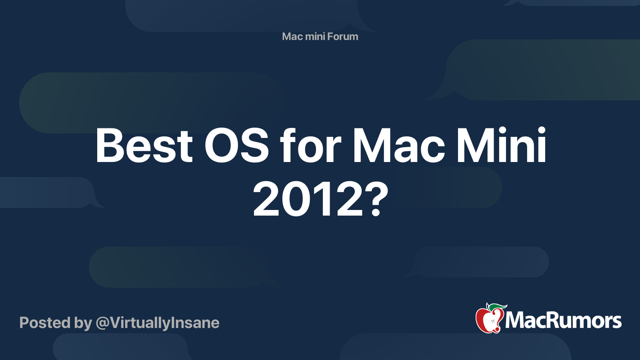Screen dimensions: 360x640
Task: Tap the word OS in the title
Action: [x=236, y=146]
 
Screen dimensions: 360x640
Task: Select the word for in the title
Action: [x=310, y=146]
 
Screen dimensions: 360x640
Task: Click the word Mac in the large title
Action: [x=398, y=146]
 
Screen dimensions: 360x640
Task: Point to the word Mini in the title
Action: [x=501, y=146]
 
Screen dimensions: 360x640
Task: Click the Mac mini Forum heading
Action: [x=320, y=36]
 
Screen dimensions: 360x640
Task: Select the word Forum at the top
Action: [x=342, y=36]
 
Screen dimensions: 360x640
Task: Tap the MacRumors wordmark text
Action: [x=563, y=321]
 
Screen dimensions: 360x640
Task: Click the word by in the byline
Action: [x=83, y=323]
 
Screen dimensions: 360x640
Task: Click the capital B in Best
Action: [x=110, y=146]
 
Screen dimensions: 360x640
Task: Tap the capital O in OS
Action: [x=221, y=146]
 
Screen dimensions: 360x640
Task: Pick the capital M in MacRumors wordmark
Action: [x=516, y=321]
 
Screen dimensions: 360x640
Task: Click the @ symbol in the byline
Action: [x=103, y=323]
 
